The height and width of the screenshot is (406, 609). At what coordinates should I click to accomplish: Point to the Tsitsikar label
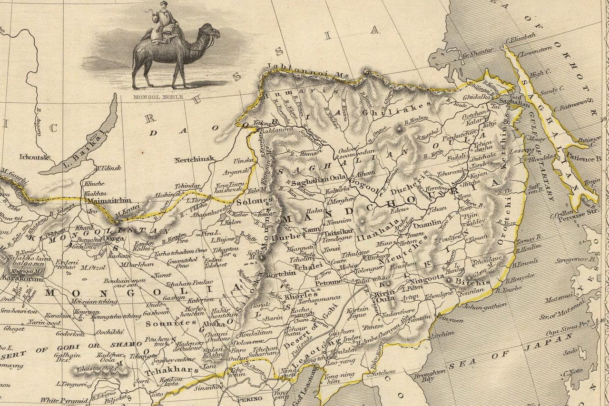pyautogui.click(x=339, y=232)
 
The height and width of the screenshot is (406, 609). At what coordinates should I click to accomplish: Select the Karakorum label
pyautogui.click(x=18, y=277)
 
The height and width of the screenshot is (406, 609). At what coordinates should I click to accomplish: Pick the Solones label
pyautogui.click(x=251, y=201)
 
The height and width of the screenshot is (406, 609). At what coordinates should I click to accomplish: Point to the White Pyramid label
pyautogui.click(x=63, y=400)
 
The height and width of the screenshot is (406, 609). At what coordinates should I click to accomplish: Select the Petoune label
pyautogui.click(x=329, y=282)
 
